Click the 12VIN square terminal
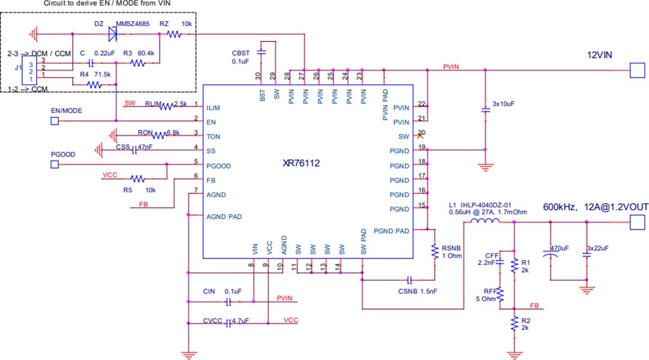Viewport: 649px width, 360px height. tap(636, 70)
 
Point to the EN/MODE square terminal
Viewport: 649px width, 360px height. tap(54, 121)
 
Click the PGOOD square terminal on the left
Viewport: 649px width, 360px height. tap(54, 164)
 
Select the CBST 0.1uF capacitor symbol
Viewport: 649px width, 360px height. tap(261, 52)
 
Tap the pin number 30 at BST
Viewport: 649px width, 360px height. tap(258, 76)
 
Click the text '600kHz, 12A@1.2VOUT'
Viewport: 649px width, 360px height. tap(596, 207)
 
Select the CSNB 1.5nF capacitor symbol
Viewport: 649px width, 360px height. tap(409, 280)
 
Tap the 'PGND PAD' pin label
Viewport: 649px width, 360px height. tap(391, 231)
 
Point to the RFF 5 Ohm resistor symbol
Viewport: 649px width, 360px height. tap(499, 294)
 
